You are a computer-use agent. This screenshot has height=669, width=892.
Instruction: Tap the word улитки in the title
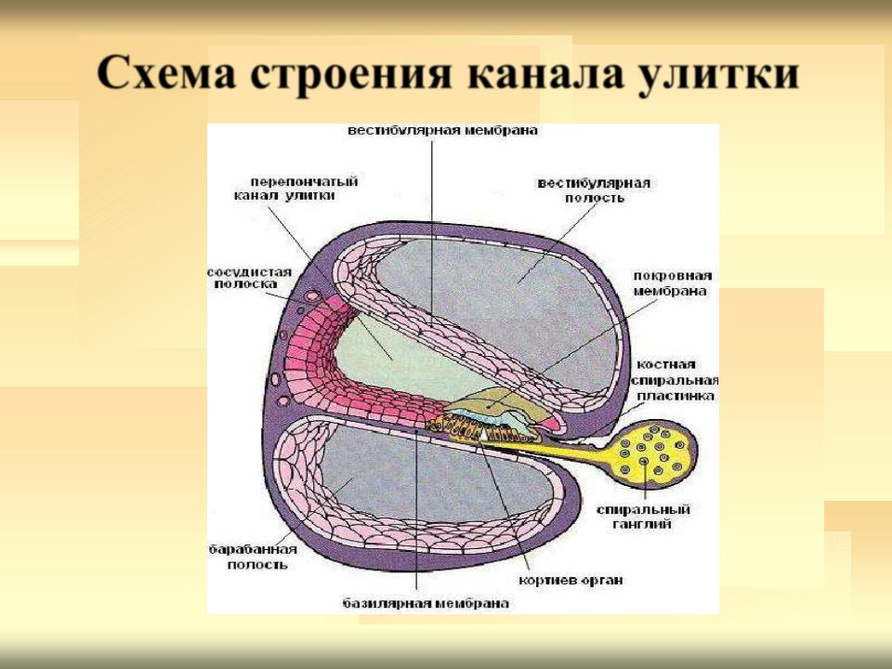718,72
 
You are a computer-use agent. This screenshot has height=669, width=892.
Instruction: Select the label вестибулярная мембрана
442,130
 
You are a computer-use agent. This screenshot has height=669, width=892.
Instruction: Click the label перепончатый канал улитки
295,189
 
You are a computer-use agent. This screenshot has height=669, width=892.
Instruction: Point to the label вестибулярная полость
594,190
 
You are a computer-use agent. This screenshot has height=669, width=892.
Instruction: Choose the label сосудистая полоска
249,278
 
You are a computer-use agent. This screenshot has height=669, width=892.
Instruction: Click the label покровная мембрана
673,283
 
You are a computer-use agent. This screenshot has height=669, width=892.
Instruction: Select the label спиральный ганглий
643,517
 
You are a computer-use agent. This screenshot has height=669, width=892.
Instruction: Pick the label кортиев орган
571,580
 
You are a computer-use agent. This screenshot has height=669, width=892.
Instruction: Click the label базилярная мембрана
426,602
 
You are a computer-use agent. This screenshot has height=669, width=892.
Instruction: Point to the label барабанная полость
253,557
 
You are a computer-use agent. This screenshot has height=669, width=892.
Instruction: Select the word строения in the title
351,72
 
